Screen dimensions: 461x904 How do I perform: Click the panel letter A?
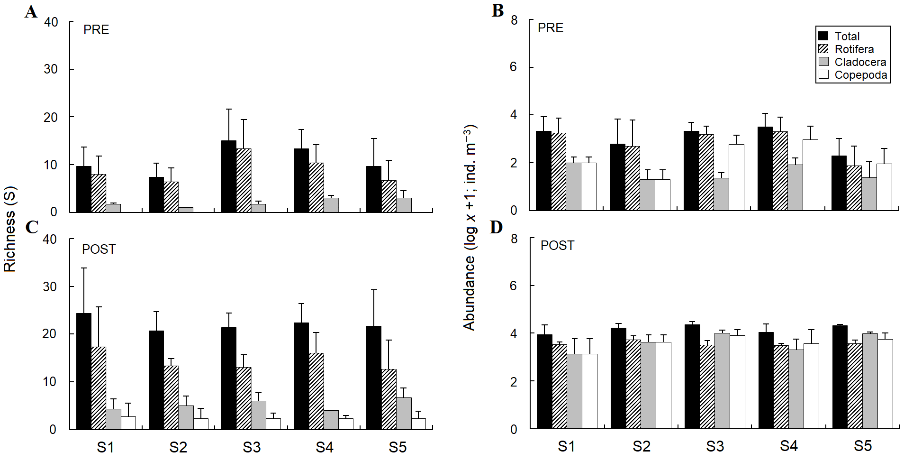pyautogui.click(x=31, y=11)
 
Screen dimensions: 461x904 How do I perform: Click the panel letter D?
pyautogui.click(x=496, y=228)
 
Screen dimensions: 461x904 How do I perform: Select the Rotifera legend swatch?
pyautogui.click(x=823, y=49)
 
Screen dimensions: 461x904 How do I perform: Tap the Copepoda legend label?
pyautogui.click(x=860, y=75)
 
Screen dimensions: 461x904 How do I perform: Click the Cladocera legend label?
pyautogui.click(x=860, y=62)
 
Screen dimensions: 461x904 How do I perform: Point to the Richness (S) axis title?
pyautogui.click(x=10, y=230)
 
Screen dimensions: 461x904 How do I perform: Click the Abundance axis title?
pyautogui.click(x=470, y=228)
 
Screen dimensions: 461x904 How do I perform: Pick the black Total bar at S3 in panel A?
pyautogui.click(x=229, y=176)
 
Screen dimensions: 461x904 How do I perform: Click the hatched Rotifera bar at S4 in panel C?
pyautogui.click(x=316, y=391)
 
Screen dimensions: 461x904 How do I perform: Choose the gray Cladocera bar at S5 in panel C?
pyautogui.click(x=404, y=413)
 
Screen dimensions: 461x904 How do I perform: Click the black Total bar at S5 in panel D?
pyautogui.click(x=840, y=377)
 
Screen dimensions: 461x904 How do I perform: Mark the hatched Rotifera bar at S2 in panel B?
pyautogui.click(x=632, y=178)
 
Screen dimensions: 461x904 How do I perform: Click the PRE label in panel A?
pyautogui.click(x=96, y=29)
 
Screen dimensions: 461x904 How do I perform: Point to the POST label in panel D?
pyautogui.click(x=557, y=245)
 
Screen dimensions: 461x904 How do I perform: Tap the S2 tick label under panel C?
pyautogui.click(x=178, y=447)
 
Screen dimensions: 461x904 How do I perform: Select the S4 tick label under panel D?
pyautogui.click(x=789, y=446)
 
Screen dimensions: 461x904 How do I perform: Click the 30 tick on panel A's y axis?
pyautogui.click(x=51, y=69)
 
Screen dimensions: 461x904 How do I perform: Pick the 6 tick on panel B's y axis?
pyautogui.click(x=513, y=67)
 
